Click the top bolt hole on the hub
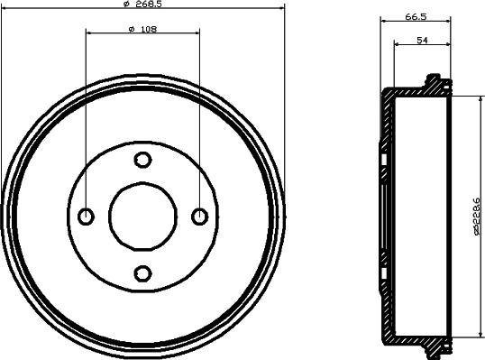[142, 160]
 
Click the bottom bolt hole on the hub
[142, 273]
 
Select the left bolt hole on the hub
[86, 217]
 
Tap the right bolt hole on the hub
[200, 217]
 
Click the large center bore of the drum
[143, 217]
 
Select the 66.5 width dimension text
[416, 17]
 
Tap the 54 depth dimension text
[422, 41]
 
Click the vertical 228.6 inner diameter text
[477, 216]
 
